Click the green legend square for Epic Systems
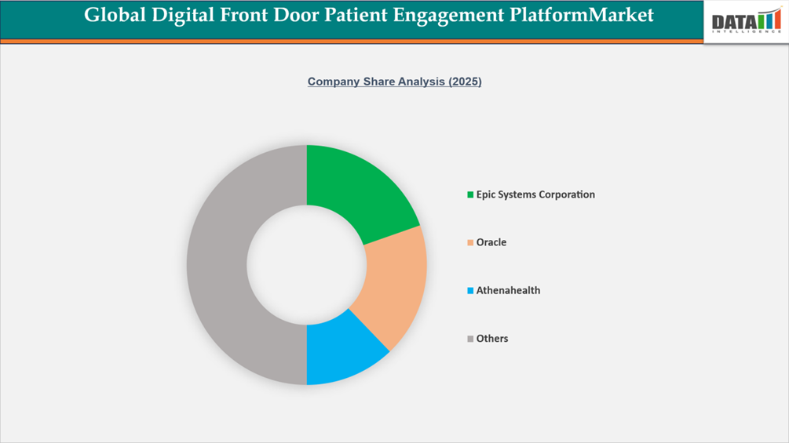coord(470,194)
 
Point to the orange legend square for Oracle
coord(470,243)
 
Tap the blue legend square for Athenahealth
coord(470,291)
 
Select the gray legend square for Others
coord(470,339)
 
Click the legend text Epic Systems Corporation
coord(535,194)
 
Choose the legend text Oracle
coord(491,243)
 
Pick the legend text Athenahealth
coord(508,291)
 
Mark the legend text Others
coord(492,339)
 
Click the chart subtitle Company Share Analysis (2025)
coord(394,82)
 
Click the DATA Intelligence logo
coord(745,21)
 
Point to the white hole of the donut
coord(306,264)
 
